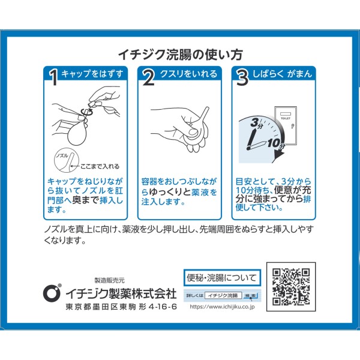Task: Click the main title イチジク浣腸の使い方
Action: tap(181, 55)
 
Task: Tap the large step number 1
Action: tap(54, 77)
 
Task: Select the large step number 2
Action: tap(148, 77)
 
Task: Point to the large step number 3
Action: tap(242, 77)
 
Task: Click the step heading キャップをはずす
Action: tap(92, 74)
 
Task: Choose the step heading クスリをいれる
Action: tap(188, 74)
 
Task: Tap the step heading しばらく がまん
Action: tap(282, 74)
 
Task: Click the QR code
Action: tap(291, 287)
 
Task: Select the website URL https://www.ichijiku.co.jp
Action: tap(222, 307)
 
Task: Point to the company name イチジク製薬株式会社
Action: tap(121, 293)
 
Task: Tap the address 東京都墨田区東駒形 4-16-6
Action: tap(121, 307)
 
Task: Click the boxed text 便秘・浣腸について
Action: tap(222, 278)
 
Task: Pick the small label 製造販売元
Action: tap(110, 280)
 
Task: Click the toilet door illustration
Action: tap(286, 125)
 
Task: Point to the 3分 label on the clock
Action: tap(257, 123)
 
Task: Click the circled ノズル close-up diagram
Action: tap(67, 160)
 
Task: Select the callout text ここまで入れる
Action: tap(100, 166)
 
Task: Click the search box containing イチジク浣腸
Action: tap(223, 295)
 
